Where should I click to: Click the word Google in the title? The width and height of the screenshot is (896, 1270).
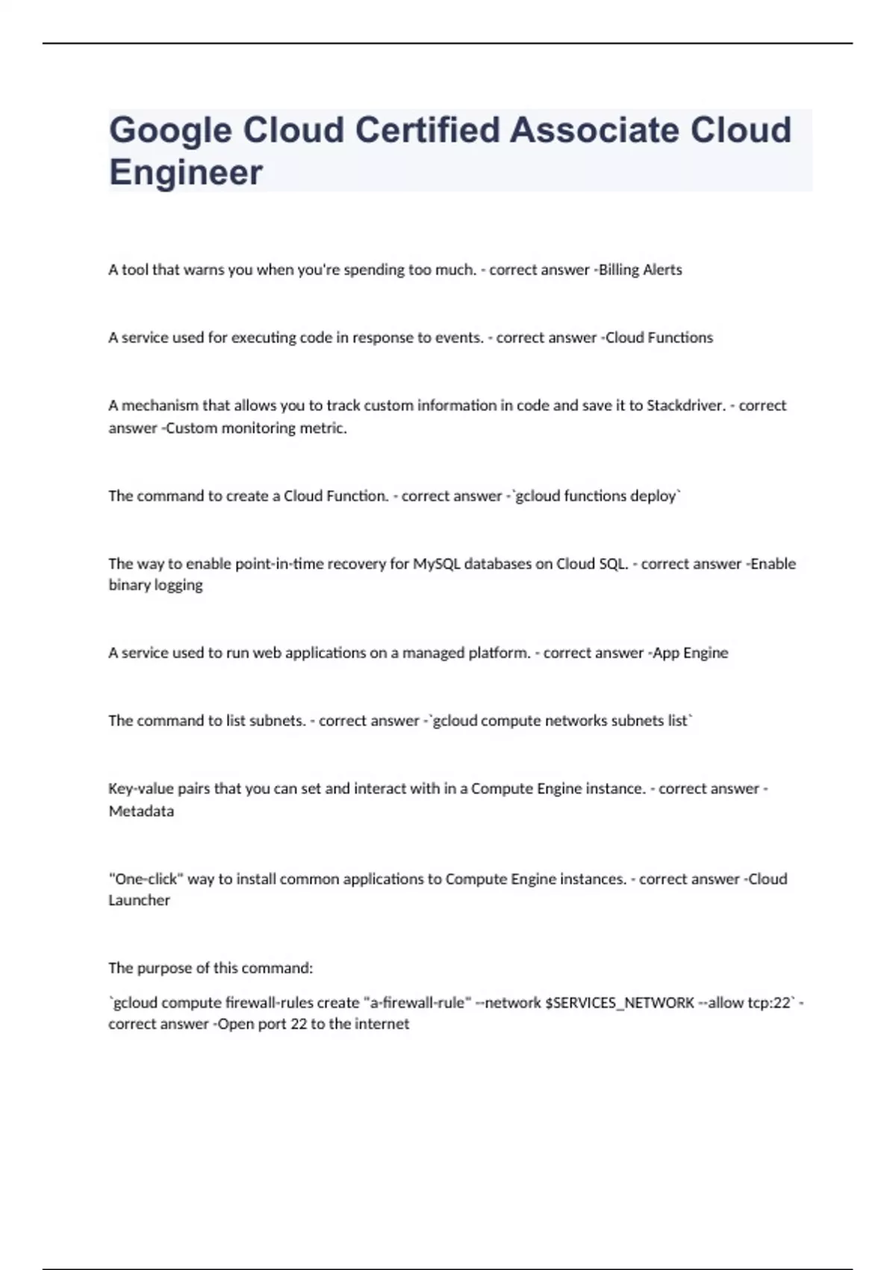click(x=170, y=131)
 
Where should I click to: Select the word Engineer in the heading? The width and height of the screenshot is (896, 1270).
click(x=186, y=173)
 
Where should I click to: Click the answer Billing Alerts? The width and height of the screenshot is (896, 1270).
click(x=640, y=270)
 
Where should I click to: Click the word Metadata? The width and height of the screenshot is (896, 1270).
click(x=141, y=811)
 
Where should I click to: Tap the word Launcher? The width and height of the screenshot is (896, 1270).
click(x=139, y=900)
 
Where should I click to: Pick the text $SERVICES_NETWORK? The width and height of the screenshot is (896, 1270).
click(x=620, y=1003)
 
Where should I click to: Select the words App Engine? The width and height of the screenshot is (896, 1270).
click(x=691, y=653)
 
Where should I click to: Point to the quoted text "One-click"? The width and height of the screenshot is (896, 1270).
click(x=146, y=879)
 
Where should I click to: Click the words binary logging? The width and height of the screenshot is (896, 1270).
click(x=155, y=585)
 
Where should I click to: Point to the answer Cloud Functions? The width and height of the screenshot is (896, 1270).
click(x=659, y=338)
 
